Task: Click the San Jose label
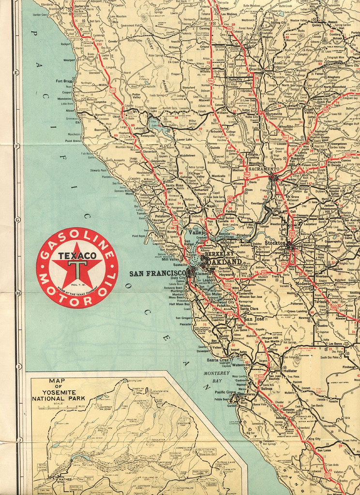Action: (254, 320)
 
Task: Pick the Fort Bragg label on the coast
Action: (64, 81)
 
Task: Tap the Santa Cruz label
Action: (217, 360)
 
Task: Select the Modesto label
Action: (303, 283)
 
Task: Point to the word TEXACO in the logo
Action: (77, 256)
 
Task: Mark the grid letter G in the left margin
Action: (17, 219)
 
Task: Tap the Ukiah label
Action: (117, 117)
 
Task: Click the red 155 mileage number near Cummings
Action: (99, 44)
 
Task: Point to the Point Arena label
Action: (73, 141)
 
